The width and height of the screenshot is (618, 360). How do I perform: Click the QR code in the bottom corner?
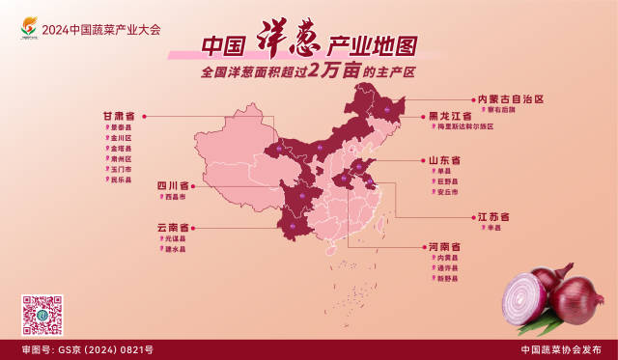click(42, 315)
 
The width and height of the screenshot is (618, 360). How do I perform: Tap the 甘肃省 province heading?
click(119, 116)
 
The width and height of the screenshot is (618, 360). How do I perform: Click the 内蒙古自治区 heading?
click(511, 98)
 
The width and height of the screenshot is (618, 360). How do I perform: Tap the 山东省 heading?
click(444, 159)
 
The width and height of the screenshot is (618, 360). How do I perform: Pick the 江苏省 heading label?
click(492, 216)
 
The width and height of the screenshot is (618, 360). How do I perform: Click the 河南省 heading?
click(443, 247)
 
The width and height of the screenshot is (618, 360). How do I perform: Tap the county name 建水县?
click(175, 249)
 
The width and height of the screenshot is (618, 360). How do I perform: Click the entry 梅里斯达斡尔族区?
click(465, 126)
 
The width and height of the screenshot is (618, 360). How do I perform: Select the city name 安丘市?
click(446, 191)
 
